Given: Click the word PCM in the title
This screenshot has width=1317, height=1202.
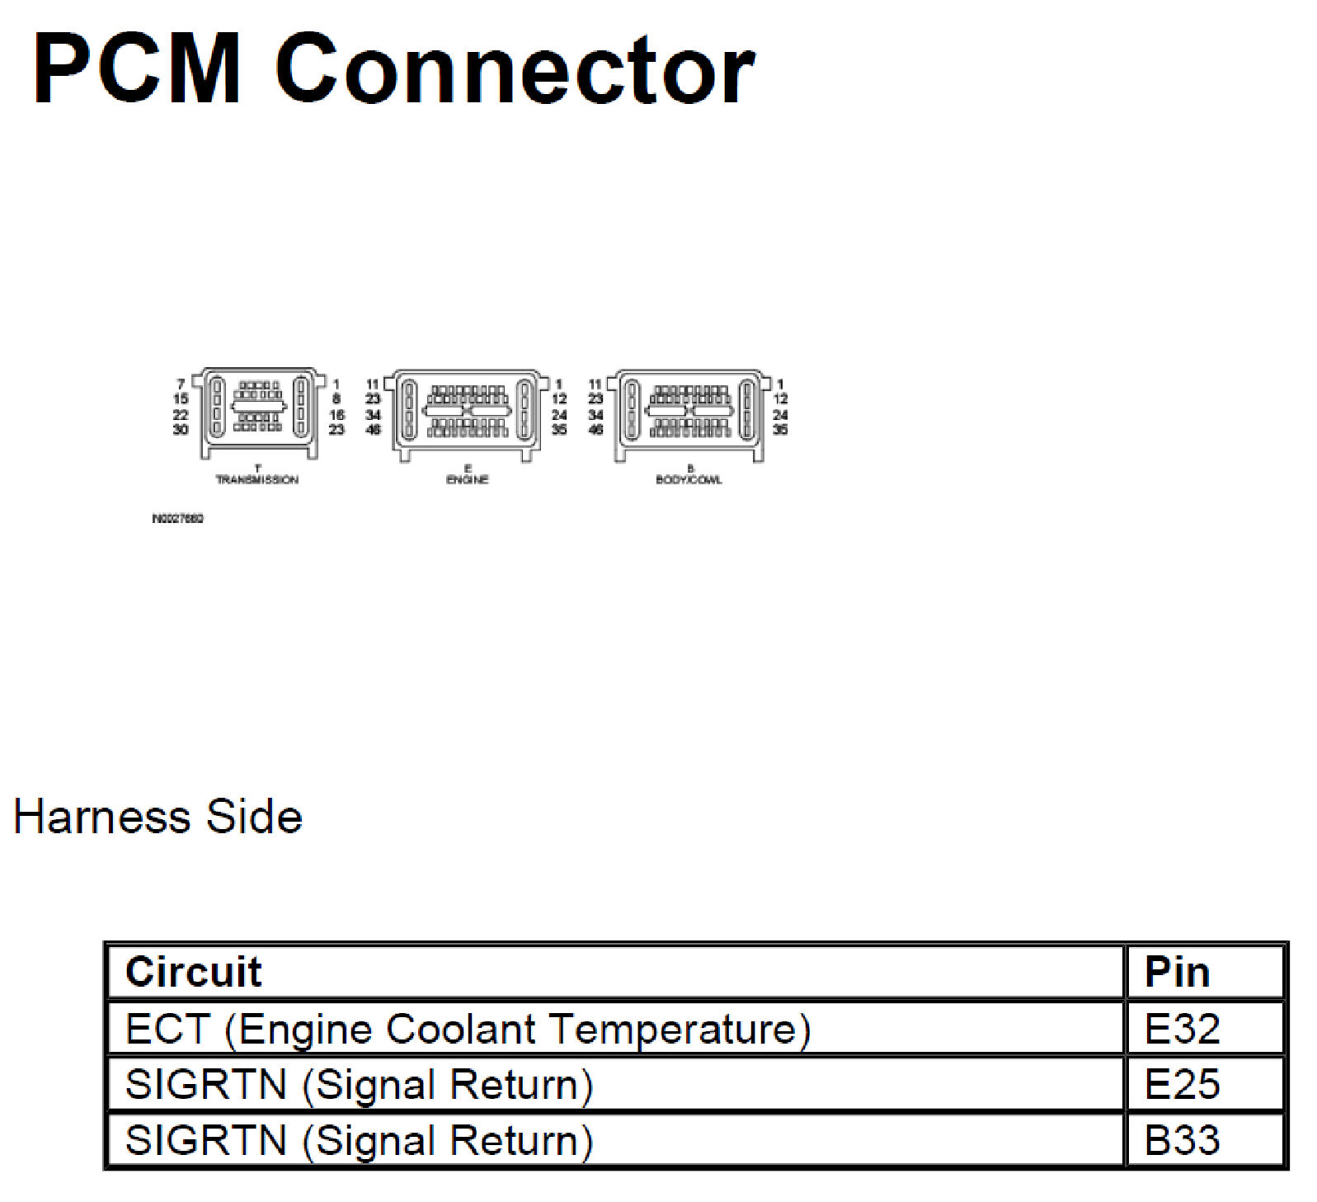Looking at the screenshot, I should [137, 69].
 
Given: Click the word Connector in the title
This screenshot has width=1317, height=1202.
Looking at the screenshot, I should [515, 71].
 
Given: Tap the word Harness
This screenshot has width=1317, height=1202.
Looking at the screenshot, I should [101, 818].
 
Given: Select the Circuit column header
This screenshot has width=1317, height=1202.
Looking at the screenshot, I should [193, 972].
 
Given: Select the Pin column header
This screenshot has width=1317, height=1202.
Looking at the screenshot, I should [1177, 972].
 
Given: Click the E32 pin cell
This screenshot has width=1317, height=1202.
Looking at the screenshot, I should [1182, 1029].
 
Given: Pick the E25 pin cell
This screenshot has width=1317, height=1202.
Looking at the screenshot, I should [1182, 1084].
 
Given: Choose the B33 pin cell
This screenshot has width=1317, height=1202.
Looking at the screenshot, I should [1182, 1140].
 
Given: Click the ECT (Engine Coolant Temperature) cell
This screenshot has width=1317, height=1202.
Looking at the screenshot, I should [468, 1029].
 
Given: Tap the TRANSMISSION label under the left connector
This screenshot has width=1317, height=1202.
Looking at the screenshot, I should [257, 480].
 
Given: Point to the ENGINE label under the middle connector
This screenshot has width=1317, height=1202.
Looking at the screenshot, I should [468, 480].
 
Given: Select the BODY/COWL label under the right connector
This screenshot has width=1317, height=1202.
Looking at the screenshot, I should [689, 480].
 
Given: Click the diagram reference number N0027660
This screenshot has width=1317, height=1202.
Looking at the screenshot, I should [177, 519].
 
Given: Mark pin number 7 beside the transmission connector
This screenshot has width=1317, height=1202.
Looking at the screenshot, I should [181, 384].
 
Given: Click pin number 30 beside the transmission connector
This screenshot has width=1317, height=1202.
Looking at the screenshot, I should [181, 429].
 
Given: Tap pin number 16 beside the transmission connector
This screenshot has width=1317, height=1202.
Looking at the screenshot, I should [336, 415].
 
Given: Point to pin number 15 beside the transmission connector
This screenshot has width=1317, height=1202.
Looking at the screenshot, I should [181, 399].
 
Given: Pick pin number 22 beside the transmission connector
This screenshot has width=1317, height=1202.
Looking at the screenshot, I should [181, 415].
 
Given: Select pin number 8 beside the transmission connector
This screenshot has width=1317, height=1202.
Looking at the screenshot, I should [336, 399].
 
